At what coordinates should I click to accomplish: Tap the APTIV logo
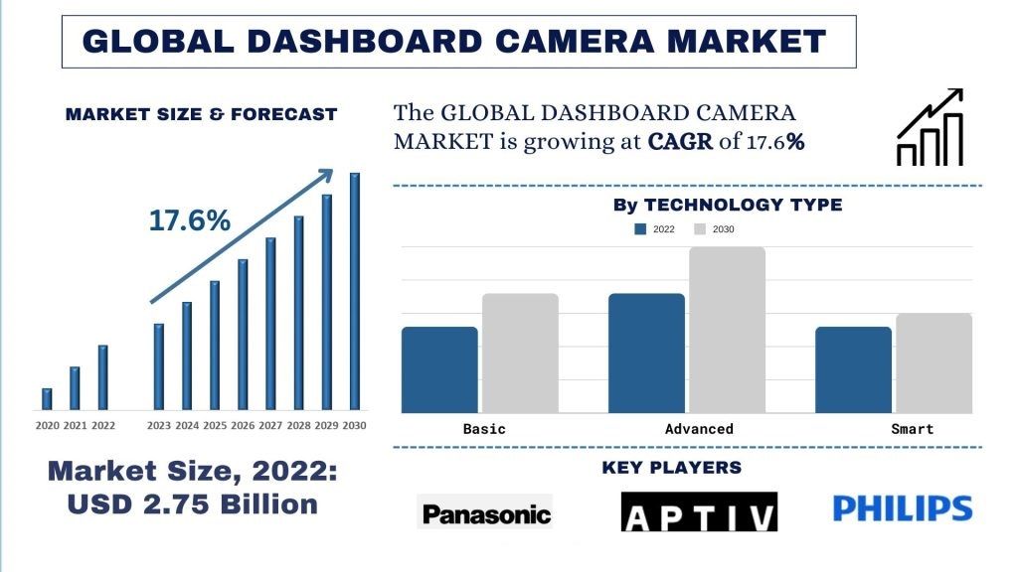click(699, 513)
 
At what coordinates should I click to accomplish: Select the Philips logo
click(902, 509)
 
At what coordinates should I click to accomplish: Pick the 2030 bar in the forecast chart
click(354, 291)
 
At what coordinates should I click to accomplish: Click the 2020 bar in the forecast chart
click(47, 398)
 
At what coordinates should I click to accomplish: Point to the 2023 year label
click(158, 425)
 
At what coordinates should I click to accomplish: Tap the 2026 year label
click(242, 425)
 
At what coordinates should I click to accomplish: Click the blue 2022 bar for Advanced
click(646, 353)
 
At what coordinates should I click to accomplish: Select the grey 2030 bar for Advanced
click(727, 330)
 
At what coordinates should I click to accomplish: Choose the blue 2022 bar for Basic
click(439, 369)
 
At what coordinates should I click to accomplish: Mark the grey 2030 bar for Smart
click(933, 362)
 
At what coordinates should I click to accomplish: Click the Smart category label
click(912, 429)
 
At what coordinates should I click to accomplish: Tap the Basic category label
click(484, 429)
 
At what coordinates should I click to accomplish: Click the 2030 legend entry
click(715, 229)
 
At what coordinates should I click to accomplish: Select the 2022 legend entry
click(655, 229)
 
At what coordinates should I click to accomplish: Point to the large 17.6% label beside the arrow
click(189, 220)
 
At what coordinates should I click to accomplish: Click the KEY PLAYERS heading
click(671, 468)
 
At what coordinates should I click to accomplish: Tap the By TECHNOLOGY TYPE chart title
click(727, 206)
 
